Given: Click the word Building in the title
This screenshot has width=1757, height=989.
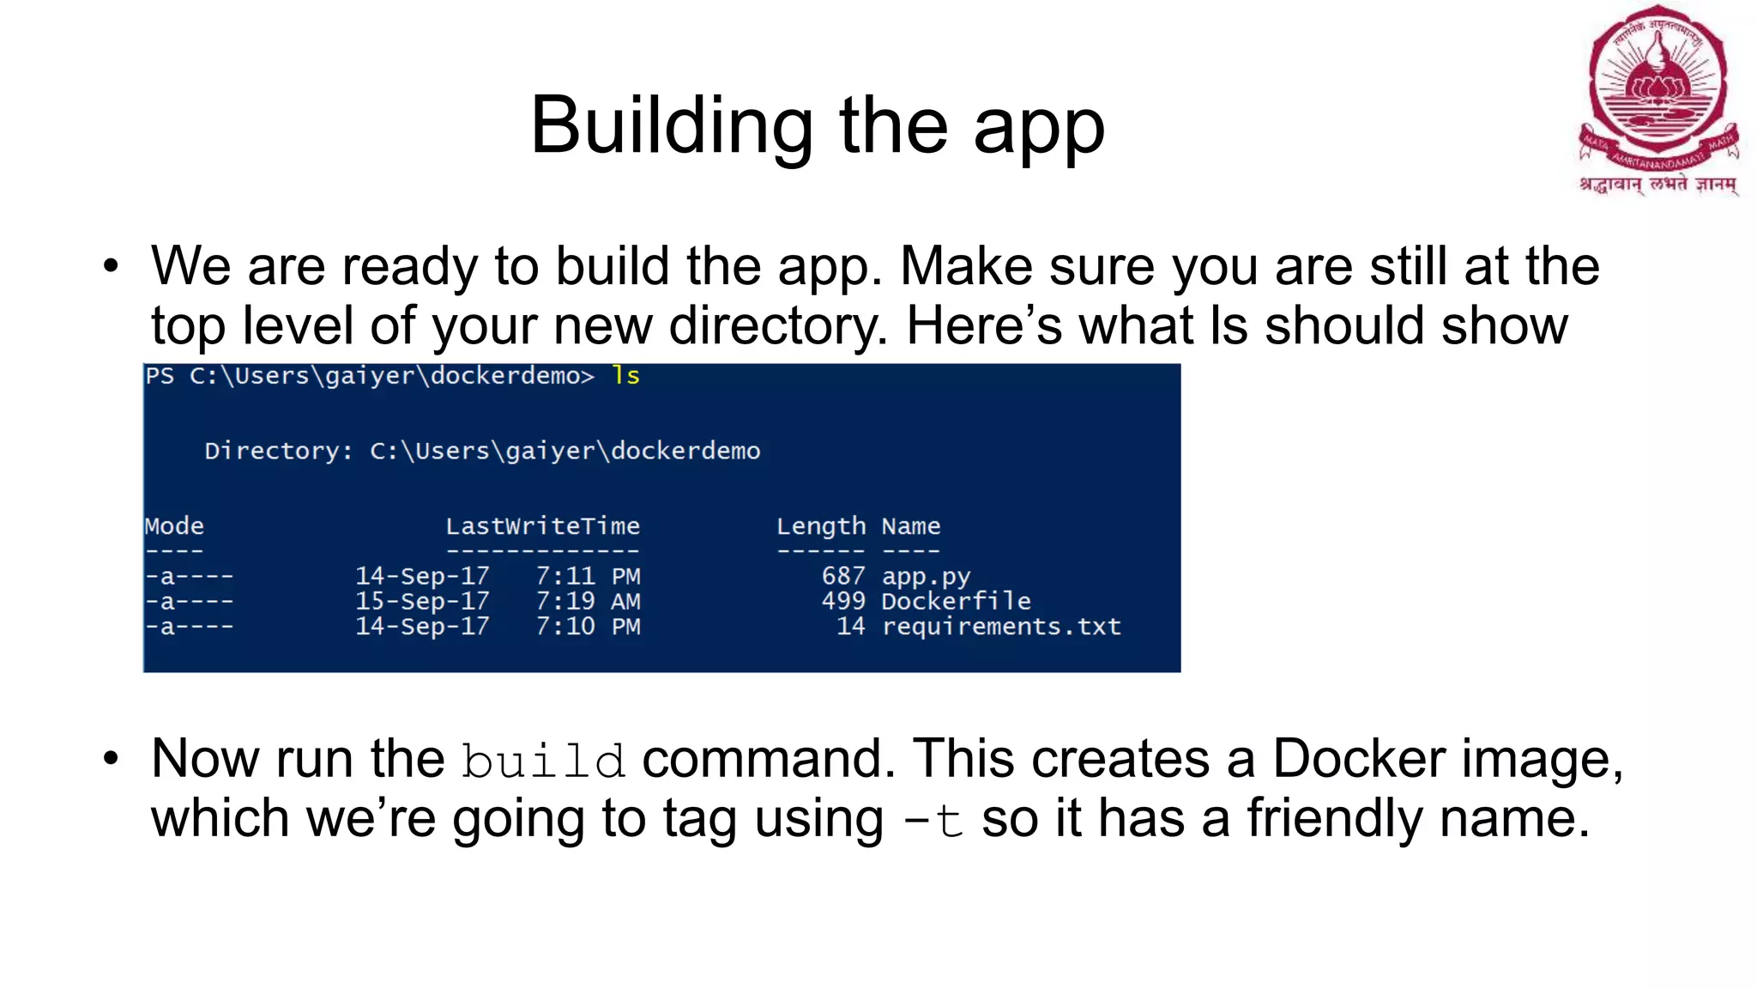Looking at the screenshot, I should [x=671, y=126].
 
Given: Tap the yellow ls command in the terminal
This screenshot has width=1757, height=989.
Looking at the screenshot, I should [x=625, y=376].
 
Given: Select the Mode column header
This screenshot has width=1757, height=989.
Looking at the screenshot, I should [x=174, y=526].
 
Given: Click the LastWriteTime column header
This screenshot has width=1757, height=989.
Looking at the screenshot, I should [x=542, y=526].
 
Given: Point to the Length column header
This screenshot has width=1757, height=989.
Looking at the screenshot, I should [x=820, y=526].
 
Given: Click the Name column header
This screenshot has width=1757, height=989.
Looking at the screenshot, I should [x=911, y=526].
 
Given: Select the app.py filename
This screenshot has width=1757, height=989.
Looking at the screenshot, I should [x=926, y=576].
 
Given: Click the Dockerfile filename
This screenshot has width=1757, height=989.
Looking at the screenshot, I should [x=956, y=601].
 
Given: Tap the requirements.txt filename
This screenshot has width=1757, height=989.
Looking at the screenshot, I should [x=1001, y=627].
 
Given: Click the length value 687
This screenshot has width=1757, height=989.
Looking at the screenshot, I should [x=843, y=576].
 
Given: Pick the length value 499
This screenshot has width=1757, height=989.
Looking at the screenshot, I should [x=843, y=601].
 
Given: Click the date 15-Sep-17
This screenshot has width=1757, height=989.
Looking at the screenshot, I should [x=422, y=601].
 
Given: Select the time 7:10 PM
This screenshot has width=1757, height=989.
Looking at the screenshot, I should [x=588, y=627].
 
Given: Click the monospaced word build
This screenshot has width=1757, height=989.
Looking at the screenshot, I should [x=543, y=761].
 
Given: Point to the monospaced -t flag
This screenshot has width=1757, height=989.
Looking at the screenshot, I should [x=933, y=821].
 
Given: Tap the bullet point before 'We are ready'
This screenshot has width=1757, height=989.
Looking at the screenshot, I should [x=111, y=266].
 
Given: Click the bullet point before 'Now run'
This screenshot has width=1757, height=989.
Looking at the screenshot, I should [x=111, y=759].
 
